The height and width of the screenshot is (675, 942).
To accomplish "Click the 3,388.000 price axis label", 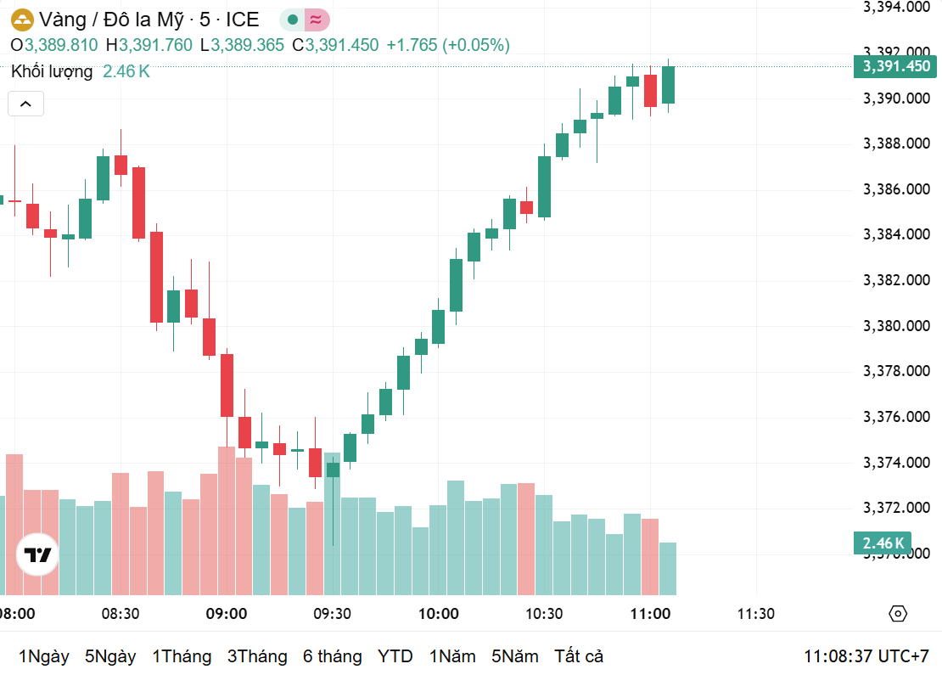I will pos(896,143).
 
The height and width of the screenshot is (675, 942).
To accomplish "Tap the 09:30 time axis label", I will pos(332,614).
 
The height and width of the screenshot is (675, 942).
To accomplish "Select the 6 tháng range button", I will pos(332,656).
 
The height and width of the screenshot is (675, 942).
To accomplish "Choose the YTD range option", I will pos(395,656).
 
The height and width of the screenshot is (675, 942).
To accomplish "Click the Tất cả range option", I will pos(578,656).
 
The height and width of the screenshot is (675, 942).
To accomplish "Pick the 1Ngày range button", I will pos(43,656).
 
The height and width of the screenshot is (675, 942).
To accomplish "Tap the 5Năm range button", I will pos(514,656).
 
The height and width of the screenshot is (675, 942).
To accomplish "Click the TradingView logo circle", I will pos(37,555).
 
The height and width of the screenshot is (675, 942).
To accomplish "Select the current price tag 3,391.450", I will pos(896,66).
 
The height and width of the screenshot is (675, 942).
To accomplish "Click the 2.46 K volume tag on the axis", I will pos(883,543).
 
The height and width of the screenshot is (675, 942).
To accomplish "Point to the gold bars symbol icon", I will pos(21,19).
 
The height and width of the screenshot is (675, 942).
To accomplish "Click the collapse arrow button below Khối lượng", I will pos(25,104).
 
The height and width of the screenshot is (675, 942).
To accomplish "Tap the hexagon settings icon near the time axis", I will pos(898,614).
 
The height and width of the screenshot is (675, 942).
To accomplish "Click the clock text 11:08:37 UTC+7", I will pos(866,656).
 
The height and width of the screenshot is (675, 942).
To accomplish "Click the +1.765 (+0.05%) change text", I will pos(448,45).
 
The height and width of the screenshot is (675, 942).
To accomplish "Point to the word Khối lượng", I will pos(52,72).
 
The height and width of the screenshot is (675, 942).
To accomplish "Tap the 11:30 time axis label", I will pos(755,614).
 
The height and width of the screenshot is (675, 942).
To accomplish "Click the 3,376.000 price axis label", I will pos(896,417).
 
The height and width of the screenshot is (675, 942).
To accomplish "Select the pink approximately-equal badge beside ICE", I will pos(317,19).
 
